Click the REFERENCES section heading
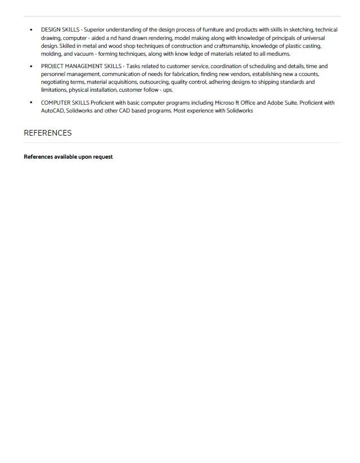(x=47, y=133)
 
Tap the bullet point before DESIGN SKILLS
(x=31, y=29)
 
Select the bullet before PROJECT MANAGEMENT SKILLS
(x=31, y=66)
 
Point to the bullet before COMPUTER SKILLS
(x=31, y=103)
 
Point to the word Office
(x=245, y=103)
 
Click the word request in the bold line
(x=102, y=157)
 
